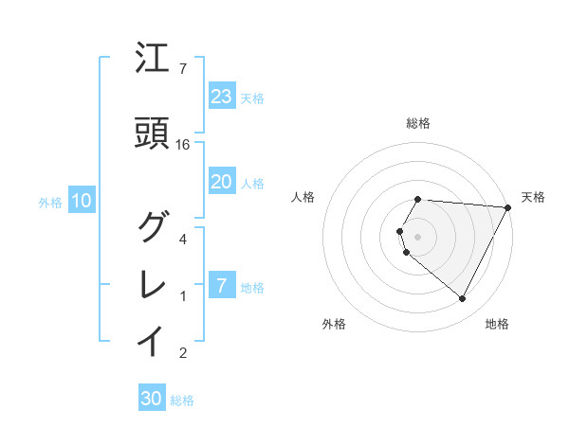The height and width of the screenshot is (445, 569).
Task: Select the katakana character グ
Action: pos(152,227)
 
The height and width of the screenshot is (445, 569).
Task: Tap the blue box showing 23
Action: pos(221,97)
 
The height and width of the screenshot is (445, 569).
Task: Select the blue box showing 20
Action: pos(221,182)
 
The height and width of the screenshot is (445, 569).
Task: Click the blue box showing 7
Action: pos(221,286)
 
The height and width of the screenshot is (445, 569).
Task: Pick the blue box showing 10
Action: pos(82,201)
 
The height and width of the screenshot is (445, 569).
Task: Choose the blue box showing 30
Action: pos(152,399)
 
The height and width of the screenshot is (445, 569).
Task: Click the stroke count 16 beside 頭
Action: pos(183,144)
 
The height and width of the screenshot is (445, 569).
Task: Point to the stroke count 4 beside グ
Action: pos(183,239)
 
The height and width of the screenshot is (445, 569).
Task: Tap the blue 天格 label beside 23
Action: pos(252,98)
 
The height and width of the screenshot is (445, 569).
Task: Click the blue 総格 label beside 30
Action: pos(182,400)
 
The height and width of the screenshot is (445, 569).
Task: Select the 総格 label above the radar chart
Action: pos(418,123)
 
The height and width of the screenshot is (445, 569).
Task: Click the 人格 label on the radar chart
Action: pos(303,197)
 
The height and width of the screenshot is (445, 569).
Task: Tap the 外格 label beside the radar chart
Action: pos(334,324)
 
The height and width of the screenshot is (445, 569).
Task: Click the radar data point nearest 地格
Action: pos(463,299)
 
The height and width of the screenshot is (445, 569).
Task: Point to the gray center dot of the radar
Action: pos(418,236)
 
